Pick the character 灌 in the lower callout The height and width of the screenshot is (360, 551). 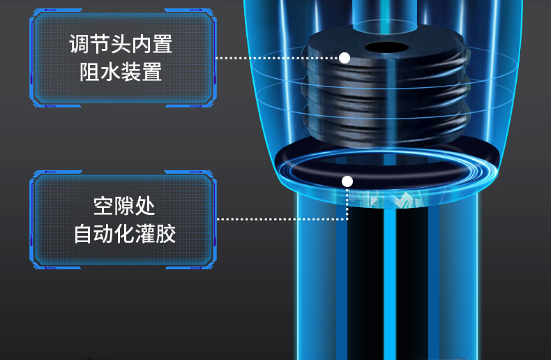click(x=145, y=233)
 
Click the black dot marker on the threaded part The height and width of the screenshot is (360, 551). click(x=345, y=58)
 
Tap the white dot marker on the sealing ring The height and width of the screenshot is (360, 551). click(x=347, y=182)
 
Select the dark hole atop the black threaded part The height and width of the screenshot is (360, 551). click(x=386, y=47)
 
